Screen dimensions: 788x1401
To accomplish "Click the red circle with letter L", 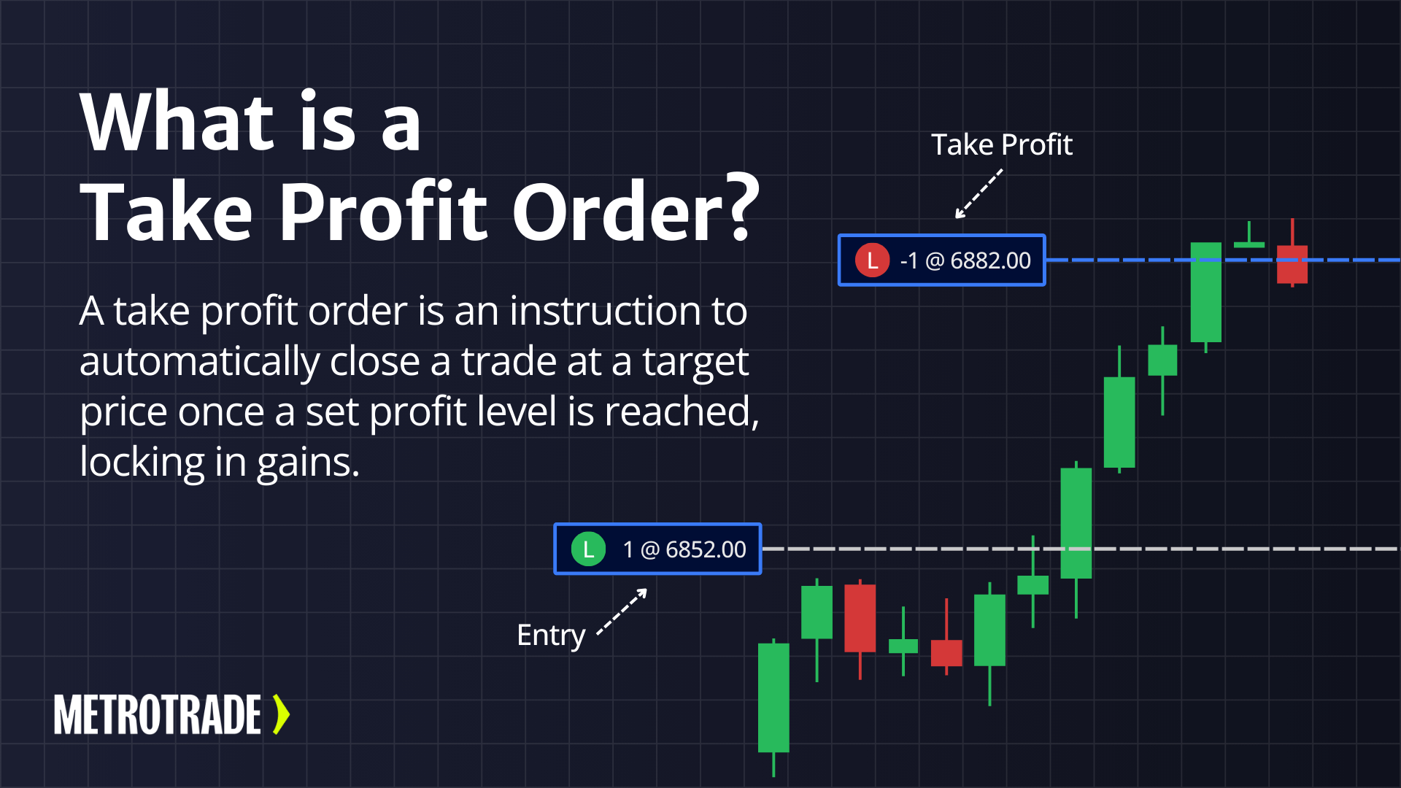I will pyautogui.click(x=872, y=260).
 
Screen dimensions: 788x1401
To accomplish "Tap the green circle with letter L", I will pyautogui.click(x=588, y=549).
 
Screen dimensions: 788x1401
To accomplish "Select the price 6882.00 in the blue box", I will pyautogui.click(x=990, y=260).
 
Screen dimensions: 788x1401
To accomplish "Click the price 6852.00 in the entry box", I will pyautogui.click(x=706, y=549).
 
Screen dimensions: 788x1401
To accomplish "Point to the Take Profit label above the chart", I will pyautogui.click(x=1001, y=144).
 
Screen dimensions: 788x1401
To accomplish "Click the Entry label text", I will pyautogui.click(x=551, y=635).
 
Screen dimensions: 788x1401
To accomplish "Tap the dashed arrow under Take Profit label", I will pyautogui.click(x=979, y=194).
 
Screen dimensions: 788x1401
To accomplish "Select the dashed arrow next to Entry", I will pyautogui.click(x=622, y=612).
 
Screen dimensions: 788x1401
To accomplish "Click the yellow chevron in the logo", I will pyautogui.click(x=281, y=714).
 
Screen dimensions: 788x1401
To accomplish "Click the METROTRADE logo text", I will pyautogui.click(x=158, y=714).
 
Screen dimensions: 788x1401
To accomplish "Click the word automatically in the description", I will pyautogui.click(x=199, y=362).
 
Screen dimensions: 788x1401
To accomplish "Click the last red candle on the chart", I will pyautogui.click(x=1292, y=263).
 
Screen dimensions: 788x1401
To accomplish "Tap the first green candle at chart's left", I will pyautogui.click(x=773, y=697).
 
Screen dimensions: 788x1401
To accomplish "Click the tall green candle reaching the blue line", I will pyautogui.click(x=1205, y=292).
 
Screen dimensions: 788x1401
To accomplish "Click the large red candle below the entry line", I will pyautogui.click(x=860, y=618).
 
